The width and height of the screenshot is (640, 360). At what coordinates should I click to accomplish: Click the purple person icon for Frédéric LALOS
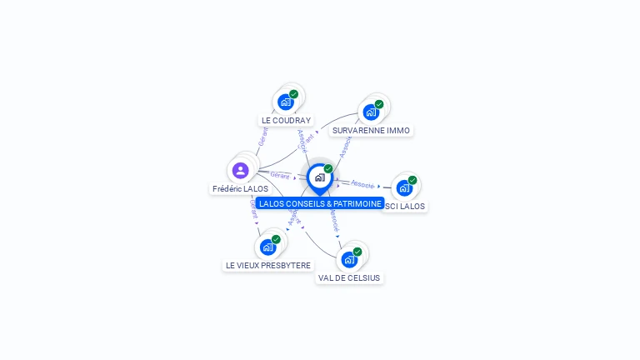(x=241, y=171)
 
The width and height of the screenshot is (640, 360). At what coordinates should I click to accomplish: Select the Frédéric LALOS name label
(x=240, y=189)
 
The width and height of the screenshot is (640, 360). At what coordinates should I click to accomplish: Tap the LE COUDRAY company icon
(x=286, y=102)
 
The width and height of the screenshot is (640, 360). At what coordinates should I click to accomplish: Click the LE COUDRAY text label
(x=286, y=120)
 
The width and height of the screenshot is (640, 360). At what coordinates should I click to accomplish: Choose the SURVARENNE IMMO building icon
(x=371, y=112)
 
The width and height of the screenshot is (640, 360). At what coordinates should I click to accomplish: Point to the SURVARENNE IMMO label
(x=371, y=130)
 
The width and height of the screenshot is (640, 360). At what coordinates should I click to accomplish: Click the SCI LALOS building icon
(x=404, y=188)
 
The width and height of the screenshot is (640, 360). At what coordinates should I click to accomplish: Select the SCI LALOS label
(x=406, y=206)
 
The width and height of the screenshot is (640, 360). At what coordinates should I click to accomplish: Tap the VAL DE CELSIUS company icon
(x=349, y=260)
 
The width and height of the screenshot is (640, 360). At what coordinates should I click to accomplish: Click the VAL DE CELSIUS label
(x=349, y=277)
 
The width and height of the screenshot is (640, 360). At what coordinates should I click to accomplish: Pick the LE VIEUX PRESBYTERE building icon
(x=267, y=247)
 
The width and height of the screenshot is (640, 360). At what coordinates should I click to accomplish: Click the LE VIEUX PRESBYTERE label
(x=268, y=265)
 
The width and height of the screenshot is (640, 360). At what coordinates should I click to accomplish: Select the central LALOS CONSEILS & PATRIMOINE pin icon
(x=319, y=177)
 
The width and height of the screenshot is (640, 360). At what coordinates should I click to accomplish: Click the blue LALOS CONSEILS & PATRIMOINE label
(x=320, y=203)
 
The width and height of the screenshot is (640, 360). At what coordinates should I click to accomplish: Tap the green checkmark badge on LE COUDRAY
(x=293, y=94)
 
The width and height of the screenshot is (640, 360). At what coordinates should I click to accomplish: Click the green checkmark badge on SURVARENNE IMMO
(x=379, y=104)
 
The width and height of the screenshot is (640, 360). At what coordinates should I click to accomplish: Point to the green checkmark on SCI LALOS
(x=412, y=180)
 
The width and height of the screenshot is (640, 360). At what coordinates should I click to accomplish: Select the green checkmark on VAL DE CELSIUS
(x=357, y=252)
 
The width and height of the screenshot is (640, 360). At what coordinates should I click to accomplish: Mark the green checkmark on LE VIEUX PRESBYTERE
(x=276, y=239)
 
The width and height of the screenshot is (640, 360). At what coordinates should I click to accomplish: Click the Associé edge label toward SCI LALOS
(x=362, y=183)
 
